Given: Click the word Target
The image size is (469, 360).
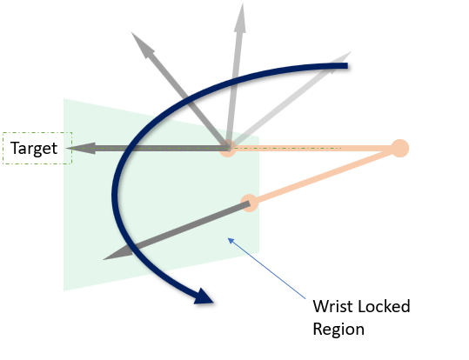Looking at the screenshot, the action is tap(34, 149).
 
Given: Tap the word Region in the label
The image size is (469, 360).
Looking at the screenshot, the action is tap(338, 330).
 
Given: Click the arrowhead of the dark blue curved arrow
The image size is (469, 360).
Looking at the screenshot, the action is tap(204, 297).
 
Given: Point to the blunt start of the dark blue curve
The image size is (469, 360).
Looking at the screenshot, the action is tap(347, 66).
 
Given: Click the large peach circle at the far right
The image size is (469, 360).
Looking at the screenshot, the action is tap(400, 148).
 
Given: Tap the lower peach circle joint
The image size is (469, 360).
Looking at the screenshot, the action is tap(250, 203).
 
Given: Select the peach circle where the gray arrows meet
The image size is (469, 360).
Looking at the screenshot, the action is tap(228, 148).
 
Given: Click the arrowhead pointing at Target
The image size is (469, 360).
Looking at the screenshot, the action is tap(81, 149).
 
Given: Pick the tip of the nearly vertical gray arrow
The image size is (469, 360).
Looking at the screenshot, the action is tap(242, 3).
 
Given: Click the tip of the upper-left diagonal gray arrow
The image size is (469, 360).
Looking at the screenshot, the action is tap(131, 32).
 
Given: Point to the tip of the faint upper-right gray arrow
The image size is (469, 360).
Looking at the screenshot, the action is tap(352, 52).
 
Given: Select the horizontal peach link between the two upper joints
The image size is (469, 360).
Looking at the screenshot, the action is tap(314, 148).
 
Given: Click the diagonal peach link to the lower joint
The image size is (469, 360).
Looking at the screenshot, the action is tap(325, 176).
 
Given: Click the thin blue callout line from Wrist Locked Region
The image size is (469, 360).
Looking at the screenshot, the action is tap(267, 268).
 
